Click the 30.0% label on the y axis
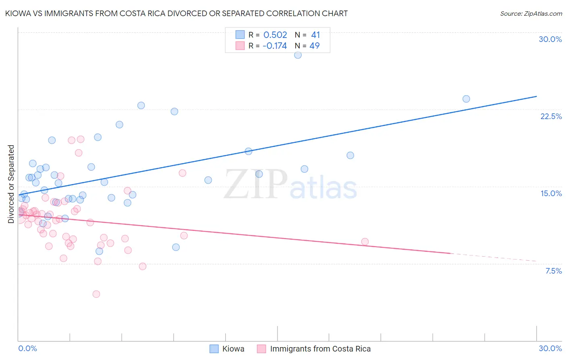point(550,39)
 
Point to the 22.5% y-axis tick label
point(551,116)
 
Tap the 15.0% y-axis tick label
point(551,193)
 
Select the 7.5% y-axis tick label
point(553,271)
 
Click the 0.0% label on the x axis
point(27,348)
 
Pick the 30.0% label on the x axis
point(550,348)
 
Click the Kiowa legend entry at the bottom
point(233,349)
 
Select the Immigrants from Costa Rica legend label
point(320,349)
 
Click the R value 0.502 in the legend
point(275,35)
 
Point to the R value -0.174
point(274,46)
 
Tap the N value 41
point(315,35)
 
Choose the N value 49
point(315,46)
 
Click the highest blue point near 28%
point(298,55)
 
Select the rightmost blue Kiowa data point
point(466,99)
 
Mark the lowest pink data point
point(96,294)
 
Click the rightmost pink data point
point(365,242)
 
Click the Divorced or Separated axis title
point(11,184)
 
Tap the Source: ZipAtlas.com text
point(531,14)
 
